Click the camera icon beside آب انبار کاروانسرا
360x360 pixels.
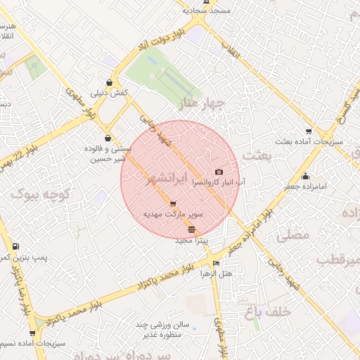[219, 172]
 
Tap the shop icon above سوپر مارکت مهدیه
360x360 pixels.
[173, 204]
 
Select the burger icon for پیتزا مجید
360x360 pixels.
[192, 231]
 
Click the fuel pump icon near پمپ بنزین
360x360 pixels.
[15, 247]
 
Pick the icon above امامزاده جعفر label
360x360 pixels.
[304, 176]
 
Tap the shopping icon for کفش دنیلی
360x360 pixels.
[108, 82]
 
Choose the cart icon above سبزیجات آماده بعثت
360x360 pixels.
[309, 131]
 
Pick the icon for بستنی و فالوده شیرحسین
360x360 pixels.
[107, 138]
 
